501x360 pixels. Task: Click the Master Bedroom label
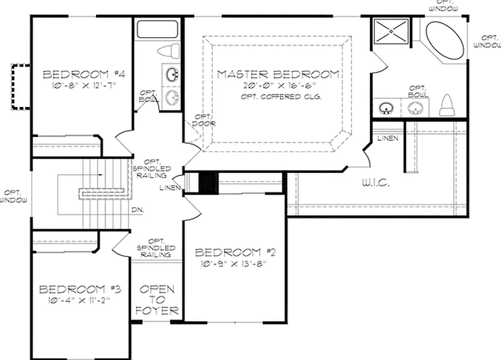(278, 75)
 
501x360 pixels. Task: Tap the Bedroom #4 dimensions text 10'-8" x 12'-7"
(83, 85)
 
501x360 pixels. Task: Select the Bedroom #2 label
(235, 253)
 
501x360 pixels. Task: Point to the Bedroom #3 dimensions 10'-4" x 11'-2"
(79, 300)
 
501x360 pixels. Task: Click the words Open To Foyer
(157, 300)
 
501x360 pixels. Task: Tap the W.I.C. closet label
(376, 183)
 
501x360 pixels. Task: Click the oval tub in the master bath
(445, 40)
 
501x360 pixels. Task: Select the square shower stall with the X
(391, 31)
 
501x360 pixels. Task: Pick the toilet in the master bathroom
(447, 105)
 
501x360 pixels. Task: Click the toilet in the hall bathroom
(169, 51)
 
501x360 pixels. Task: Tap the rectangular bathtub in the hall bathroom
(157, 29)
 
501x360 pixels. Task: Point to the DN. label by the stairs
(138, 210)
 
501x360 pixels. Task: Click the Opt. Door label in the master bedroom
(204, 120)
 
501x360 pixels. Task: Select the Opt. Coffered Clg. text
(281, 96)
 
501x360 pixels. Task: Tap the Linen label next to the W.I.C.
(388, 138)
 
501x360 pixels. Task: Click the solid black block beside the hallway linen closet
(209, 183)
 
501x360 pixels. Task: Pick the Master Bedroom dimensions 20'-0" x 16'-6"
(279, 85)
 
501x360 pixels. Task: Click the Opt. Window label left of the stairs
(13, 197)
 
